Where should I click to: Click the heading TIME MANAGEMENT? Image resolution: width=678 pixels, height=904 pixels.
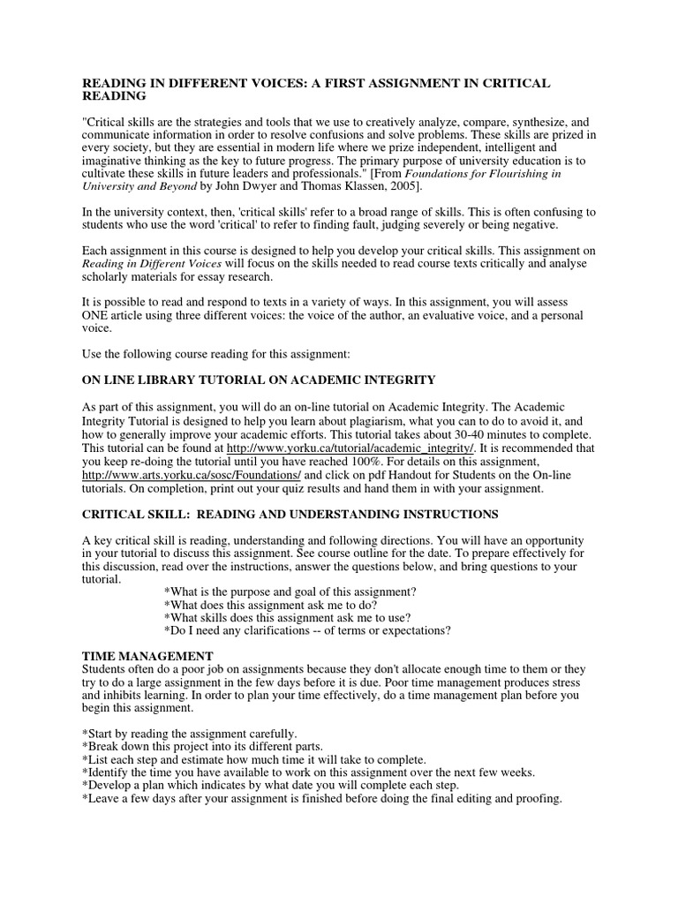pos(147,656)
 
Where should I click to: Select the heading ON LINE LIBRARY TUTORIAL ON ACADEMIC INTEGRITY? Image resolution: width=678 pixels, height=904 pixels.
pos(259,380)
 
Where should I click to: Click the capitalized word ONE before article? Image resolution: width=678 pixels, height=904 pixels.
pos(97,315)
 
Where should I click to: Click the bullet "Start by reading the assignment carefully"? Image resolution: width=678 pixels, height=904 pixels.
pos(190,734)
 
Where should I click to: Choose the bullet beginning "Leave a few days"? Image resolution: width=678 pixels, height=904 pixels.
pos(321,798)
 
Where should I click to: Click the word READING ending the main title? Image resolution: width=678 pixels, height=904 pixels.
pos(114,95)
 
